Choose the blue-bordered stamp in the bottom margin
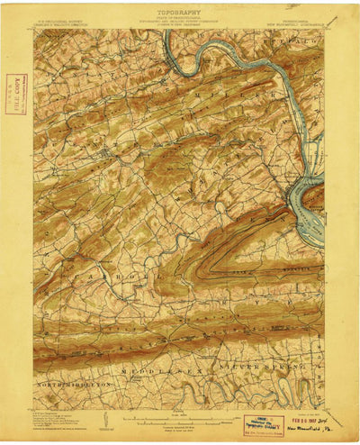262,424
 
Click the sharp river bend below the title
180,63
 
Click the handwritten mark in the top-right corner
334,21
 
